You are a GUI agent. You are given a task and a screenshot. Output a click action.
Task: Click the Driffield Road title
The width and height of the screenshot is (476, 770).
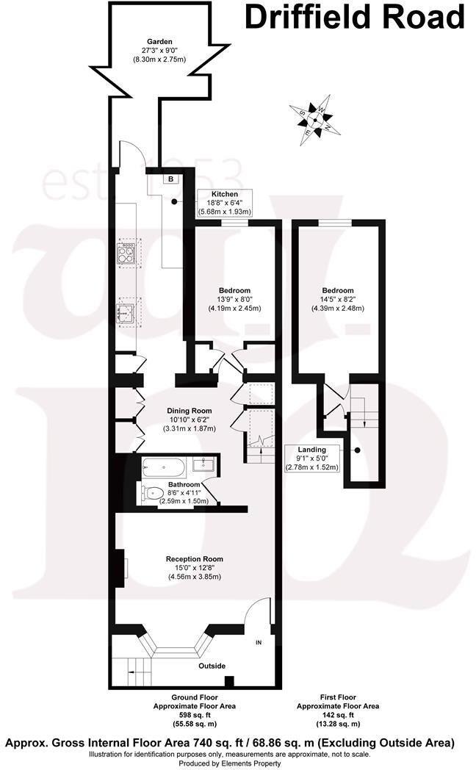click(354, 17)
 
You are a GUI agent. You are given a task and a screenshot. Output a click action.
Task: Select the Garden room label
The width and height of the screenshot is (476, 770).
click(159, 49)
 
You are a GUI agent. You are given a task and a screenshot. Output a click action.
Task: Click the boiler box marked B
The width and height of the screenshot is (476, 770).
click(170, 179)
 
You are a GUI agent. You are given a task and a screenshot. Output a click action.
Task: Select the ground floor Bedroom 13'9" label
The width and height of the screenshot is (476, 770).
click(234, 299)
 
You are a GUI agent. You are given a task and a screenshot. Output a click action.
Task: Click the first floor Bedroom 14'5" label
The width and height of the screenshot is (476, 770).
click(337, 299)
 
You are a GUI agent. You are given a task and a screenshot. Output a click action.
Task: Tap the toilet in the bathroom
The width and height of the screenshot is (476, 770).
click(151, 494)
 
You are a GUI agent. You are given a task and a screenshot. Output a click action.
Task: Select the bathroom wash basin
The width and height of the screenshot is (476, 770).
click(203, 464)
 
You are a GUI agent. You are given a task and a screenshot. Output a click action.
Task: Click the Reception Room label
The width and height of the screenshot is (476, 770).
click(195, 567)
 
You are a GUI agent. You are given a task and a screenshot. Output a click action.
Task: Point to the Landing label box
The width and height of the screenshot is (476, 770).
click(311, 458)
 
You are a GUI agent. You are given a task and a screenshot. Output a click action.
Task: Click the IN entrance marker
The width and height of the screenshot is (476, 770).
click(258, 643)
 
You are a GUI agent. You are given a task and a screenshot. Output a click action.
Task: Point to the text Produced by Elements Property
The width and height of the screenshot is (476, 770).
click(229, 763)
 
